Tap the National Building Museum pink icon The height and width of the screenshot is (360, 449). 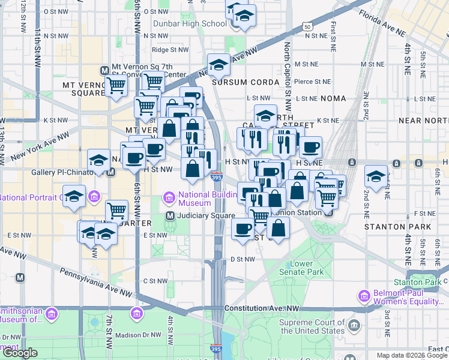(x=169, y=197)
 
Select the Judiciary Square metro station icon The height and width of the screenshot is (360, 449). (x=170, y=216)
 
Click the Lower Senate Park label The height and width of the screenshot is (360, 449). (x=307, y=268)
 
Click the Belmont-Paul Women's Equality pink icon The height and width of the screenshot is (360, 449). (x=363, y=296)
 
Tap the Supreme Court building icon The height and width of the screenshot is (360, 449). (x=355, y=326)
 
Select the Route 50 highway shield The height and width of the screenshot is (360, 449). (x=307, y=26)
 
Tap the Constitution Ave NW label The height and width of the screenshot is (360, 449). (x=262, y=308)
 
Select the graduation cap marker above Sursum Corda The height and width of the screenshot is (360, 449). (x=219, y=64)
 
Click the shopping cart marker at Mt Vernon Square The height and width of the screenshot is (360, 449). (x=116, y=86)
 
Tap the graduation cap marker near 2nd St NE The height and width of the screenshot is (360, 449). (x=376, y=176)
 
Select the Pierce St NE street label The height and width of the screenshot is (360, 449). (x=312, y=82)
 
